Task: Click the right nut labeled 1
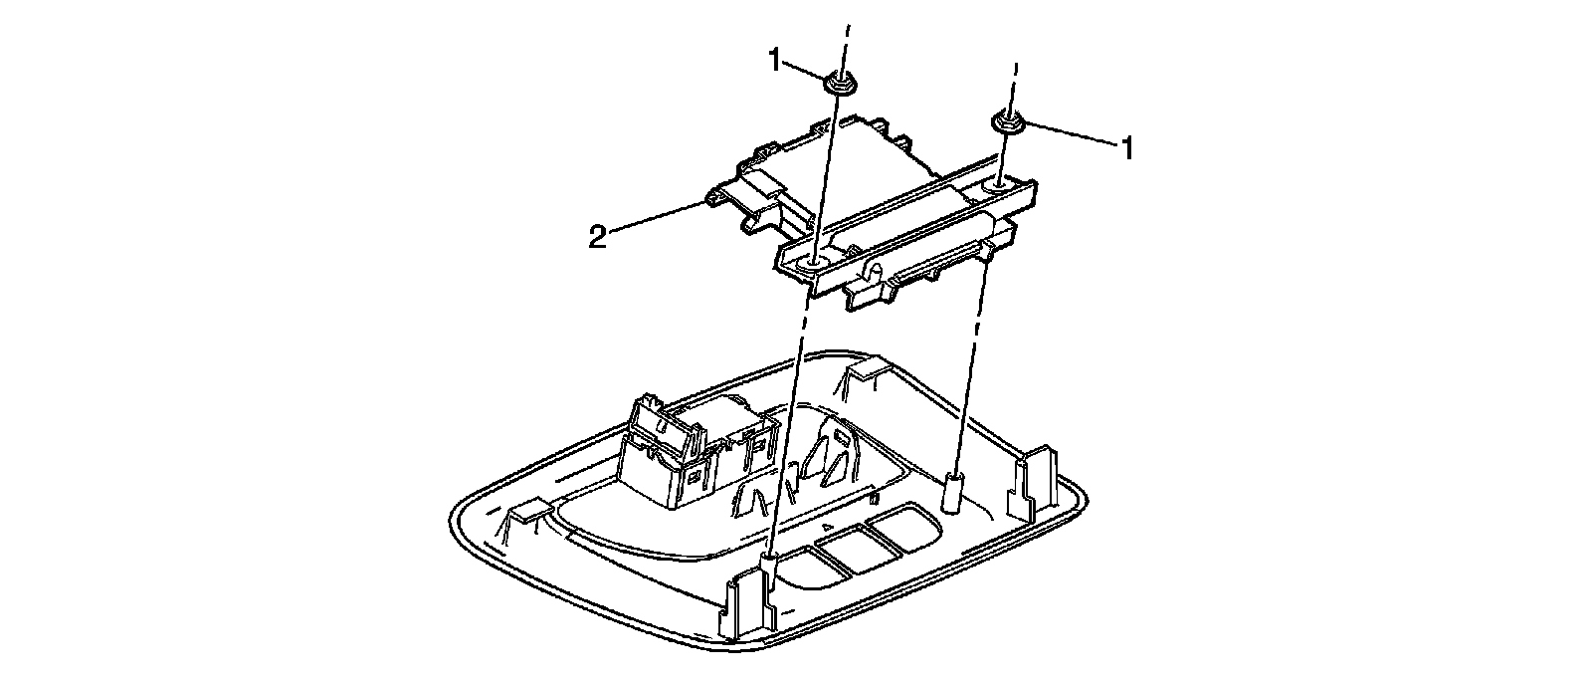click(x=1006, y=123)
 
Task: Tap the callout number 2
click(x=596, y=239)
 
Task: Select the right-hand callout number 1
click(x=1127, y=149)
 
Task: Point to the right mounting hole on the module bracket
click(x=998, y=185)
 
